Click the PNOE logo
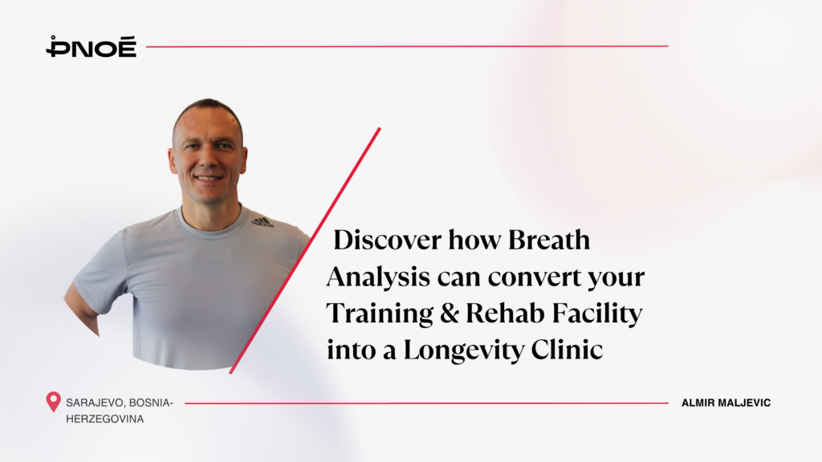(91, 47)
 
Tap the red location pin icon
(53, 402)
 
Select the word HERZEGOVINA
(105, 419)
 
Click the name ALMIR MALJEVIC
(726, 403)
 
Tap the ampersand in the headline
(451, 314)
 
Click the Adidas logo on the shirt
(262, 221)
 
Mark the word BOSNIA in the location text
(161, 403)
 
